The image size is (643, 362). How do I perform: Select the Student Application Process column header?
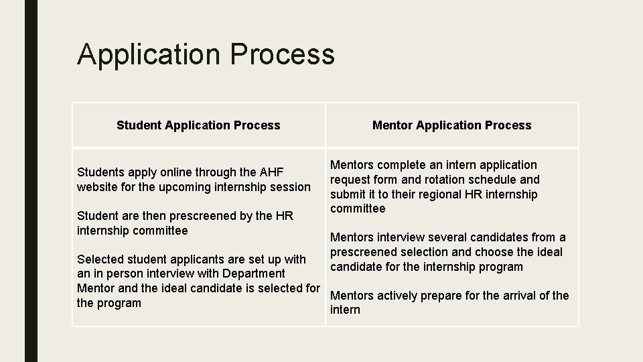click(198, 125)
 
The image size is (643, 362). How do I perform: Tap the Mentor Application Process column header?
click(451, 125)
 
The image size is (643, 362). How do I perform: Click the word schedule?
click(493, 180)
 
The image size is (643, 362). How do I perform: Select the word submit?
click(346, 194)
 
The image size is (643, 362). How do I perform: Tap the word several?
click(448, 237)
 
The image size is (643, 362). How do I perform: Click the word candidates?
click(500, 237)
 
